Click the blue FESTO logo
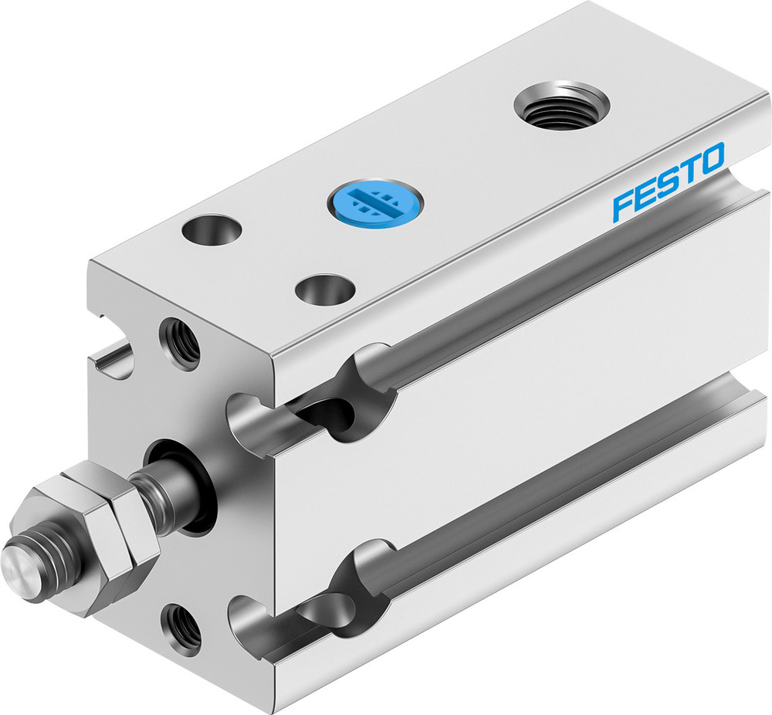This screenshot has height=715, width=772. (669, 181)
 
